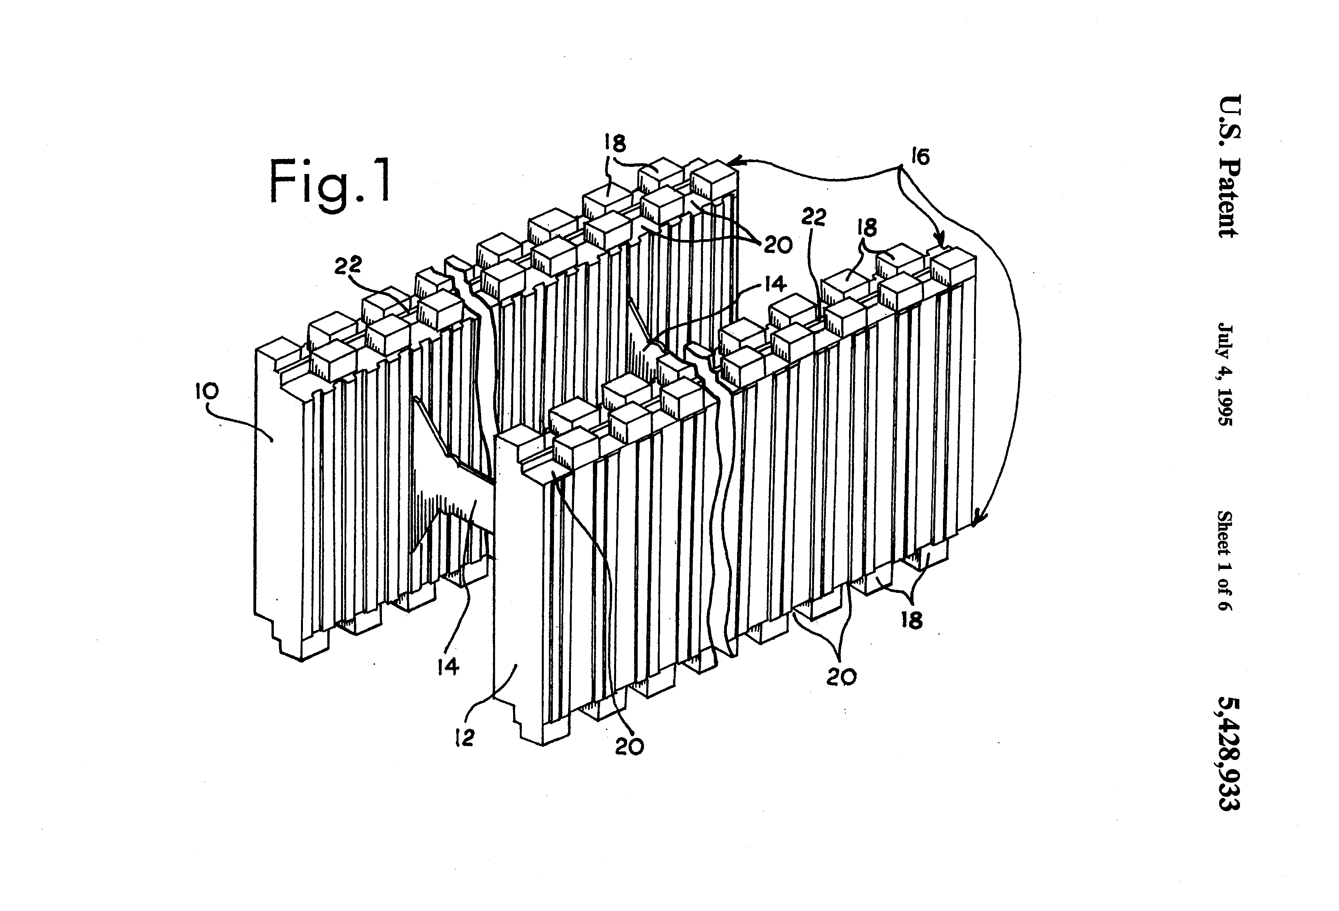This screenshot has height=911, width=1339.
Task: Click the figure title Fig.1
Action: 330,181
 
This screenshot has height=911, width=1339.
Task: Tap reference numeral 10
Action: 207,392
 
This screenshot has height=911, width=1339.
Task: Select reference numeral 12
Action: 464,738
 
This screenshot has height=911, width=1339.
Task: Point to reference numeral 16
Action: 921,157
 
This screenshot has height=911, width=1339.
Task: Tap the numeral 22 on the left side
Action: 348,265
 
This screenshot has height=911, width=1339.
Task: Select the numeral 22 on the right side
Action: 814,217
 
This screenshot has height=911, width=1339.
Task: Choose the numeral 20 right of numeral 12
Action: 629,746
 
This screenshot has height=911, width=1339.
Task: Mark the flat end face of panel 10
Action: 278,490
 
